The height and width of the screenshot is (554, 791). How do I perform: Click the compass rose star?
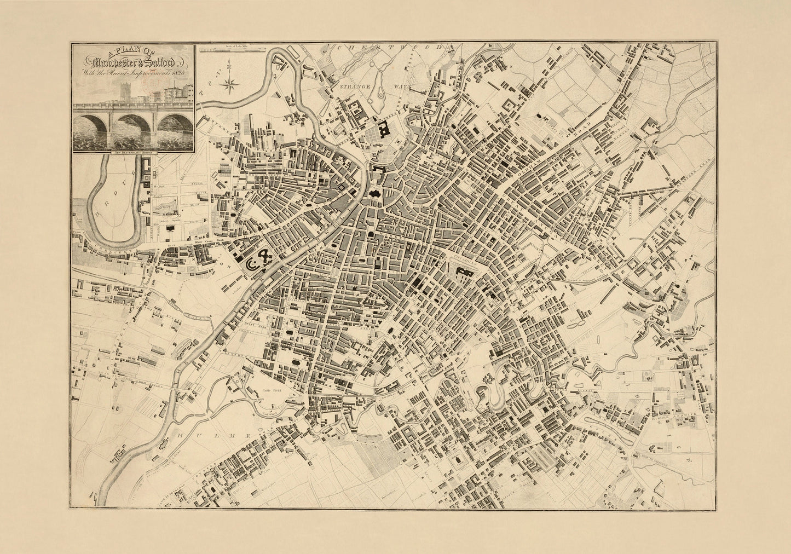pyautogui.click(x=230, y=83)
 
